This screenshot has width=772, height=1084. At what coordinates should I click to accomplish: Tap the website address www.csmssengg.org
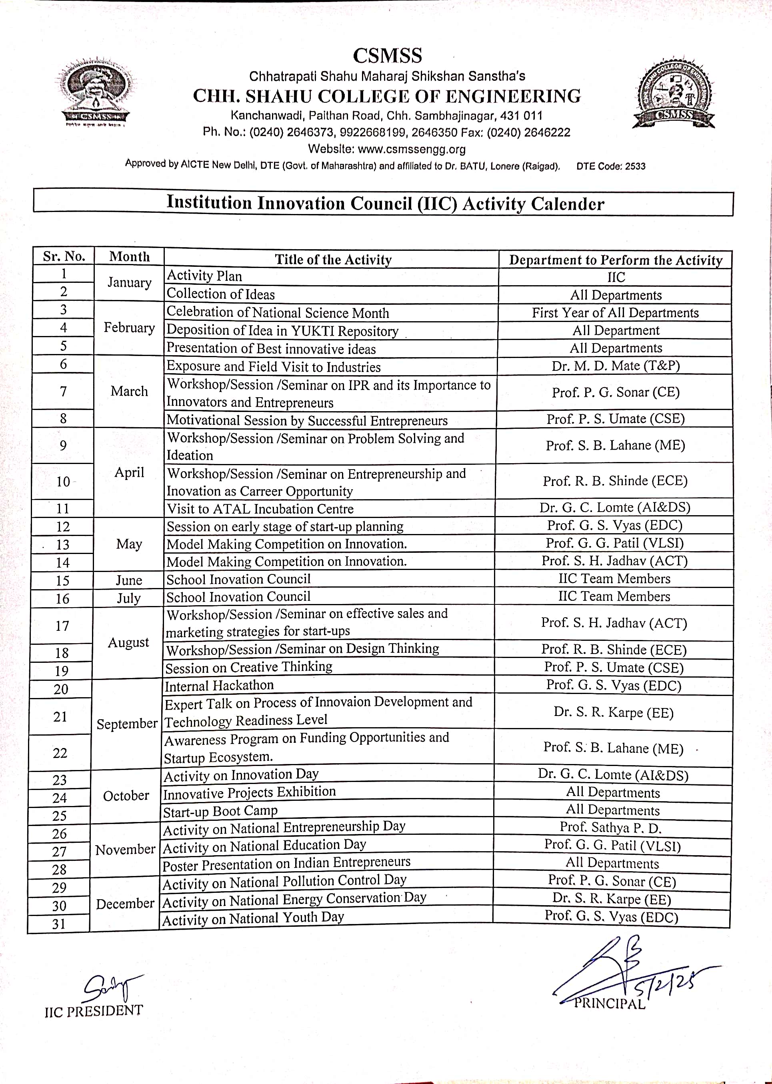pyautogui.click(x=412, y=149)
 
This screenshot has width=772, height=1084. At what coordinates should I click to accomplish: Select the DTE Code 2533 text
pyautogui.click(x=611, y=166)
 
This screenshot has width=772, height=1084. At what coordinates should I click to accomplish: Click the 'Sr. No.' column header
pyautogui.click(x=64, y=257)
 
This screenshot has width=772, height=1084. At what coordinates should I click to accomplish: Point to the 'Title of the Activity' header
pyautogui.click(x=333, y=260)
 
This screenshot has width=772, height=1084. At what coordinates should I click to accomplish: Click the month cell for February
pyautogui.click(x=129, y=328)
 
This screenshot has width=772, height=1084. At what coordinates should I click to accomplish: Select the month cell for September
pyautogui.click(x=127, y=724)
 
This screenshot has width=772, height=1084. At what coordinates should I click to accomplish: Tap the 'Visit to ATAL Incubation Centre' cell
pyautogui.click(x=260, y=509)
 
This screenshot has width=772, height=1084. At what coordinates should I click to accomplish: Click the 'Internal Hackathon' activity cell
pyautogui.click(x=219, y=685)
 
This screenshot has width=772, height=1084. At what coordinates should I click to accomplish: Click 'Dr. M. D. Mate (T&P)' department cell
pyautogui.click(x=616, y=366)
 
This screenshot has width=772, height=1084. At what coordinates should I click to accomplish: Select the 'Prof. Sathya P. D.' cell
pyautogui.click(x=610, y=828)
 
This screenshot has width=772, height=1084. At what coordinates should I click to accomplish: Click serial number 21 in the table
pyautogui.click(x=60, y=717)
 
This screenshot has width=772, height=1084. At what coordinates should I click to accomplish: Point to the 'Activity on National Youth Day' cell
pyautogui.click(x=253, y=919)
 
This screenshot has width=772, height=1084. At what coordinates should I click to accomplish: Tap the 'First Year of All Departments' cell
pyautogui.click(x=615, y=313)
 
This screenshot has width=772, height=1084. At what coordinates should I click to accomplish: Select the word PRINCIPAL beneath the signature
pyautogui.click(x=610, y=1003)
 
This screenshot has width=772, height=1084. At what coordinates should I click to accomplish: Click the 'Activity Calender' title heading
pyautogui.click(x=385, y=203)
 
